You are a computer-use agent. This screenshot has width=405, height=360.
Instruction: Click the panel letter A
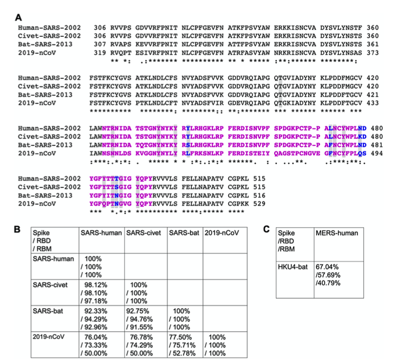coord(19,17)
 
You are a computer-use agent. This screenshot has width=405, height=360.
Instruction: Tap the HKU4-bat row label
coord(292,266)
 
